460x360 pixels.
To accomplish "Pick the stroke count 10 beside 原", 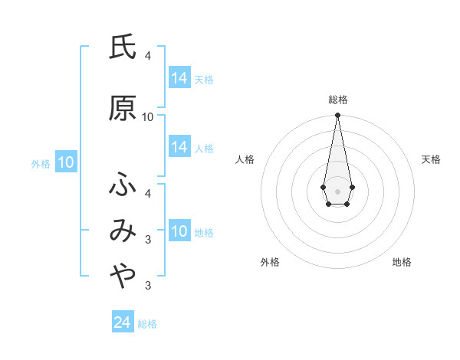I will click(x=148, y=117).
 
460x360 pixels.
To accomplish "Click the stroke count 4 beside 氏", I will click(x=148, y=56).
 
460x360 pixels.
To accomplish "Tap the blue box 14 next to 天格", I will click(x=179, y=78).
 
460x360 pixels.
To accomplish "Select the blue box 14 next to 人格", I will click(x=179, y=147).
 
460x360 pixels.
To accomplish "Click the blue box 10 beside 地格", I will click(x=179, y=231).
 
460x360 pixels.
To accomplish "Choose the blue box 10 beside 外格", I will click(x=65, y=162).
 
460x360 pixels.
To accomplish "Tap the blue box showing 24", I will click(x=122, y=322).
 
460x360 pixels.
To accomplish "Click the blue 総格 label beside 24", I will click(x=147, y=324).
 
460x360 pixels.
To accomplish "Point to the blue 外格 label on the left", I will click(x=41, y=163).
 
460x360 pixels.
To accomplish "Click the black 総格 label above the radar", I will click(x=337, y=100).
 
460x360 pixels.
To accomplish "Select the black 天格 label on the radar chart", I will click(x=431, y=159).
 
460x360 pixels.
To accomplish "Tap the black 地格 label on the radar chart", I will click(x=402, y=262).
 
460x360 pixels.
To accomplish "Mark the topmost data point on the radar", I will click(x=337, y=116).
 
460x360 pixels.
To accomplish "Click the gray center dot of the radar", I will click(x=337, y=191).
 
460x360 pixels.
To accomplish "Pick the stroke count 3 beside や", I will click(x=148, y=286).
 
